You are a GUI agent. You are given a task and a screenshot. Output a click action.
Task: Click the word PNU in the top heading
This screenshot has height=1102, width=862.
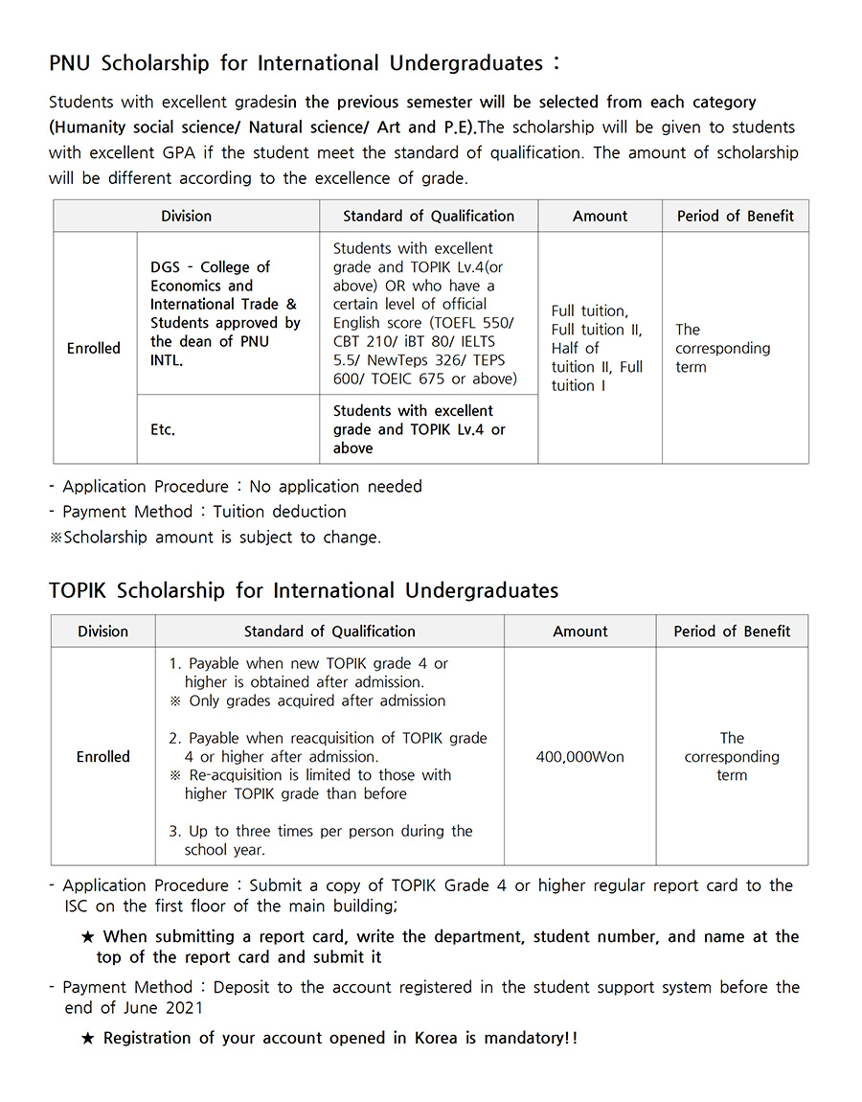tap(72, 64)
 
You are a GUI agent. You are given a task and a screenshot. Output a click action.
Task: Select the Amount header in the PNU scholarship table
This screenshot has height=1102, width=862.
tap(600, 217)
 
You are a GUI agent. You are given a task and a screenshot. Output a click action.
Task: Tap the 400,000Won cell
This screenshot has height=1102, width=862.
tap(579, 757)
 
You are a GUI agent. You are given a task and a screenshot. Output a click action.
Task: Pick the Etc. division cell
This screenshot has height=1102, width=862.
tap(163, 429)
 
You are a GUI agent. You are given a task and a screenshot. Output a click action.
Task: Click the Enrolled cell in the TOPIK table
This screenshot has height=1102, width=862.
tap(102, 757)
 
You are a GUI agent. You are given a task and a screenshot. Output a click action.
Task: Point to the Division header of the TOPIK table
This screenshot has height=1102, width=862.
tap(102, 631)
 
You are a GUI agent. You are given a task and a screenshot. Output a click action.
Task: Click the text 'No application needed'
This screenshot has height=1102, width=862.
tap(335, 487)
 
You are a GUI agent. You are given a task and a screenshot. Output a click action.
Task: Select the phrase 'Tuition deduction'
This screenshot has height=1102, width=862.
tap(280, 512)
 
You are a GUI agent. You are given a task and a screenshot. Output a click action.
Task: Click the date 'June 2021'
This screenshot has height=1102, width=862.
tap(161, 1007)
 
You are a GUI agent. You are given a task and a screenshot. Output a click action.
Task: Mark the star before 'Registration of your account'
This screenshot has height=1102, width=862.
tap(88, 1039)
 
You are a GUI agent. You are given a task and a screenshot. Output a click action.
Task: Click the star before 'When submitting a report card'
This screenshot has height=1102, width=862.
tap(88, 937)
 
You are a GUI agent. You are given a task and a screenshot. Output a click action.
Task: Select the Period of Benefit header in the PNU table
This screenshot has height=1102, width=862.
tap(735, 217)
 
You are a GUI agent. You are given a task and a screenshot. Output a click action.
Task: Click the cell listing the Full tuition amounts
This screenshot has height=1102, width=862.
tap(599, 348)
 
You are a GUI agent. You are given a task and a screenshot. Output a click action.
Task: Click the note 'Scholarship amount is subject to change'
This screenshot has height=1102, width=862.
tap(221, 538)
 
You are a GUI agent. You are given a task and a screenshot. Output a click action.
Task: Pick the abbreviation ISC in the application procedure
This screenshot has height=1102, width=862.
tap(79, 906)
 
